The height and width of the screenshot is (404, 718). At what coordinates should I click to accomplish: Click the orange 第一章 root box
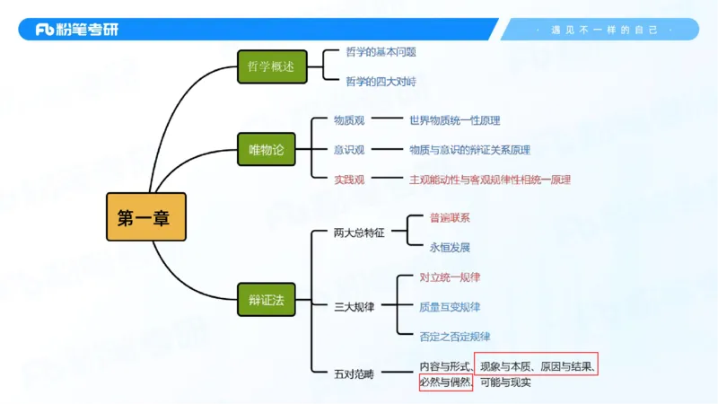coord(146,216)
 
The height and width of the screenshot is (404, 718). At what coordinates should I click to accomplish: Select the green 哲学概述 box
coord(272,67)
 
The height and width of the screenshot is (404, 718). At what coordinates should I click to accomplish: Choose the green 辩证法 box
coord(266,300)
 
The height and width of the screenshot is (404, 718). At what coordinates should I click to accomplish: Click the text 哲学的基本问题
coord(381,52)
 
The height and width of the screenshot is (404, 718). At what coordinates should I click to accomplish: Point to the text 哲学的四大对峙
coord(381,82)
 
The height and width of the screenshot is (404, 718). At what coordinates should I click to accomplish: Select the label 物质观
coord(349,120)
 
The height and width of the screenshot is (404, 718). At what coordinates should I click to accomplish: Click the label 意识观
coord(349,150)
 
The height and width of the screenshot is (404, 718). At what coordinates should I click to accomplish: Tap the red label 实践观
coord(349,180)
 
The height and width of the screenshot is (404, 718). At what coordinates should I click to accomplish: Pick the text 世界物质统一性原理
coord(454,120)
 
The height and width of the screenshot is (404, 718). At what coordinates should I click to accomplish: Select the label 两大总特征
coord(358,233)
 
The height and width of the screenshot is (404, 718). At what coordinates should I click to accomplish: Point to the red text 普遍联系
coord(450,218)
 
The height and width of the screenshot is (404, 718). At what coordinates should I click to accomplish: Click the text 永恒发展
coord(450,248)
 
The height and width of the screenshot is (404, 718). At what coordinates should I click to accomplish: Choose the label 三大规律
coord(354,307)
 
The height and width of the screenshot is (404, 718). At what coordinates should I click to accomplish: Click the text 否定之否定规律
coord(454,337)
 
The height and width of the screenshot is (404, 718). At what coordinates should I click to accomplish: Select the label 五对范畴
coord(354,373)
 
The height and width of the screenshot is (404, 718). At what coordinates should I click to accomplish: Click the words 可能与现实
coord(505,382)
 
